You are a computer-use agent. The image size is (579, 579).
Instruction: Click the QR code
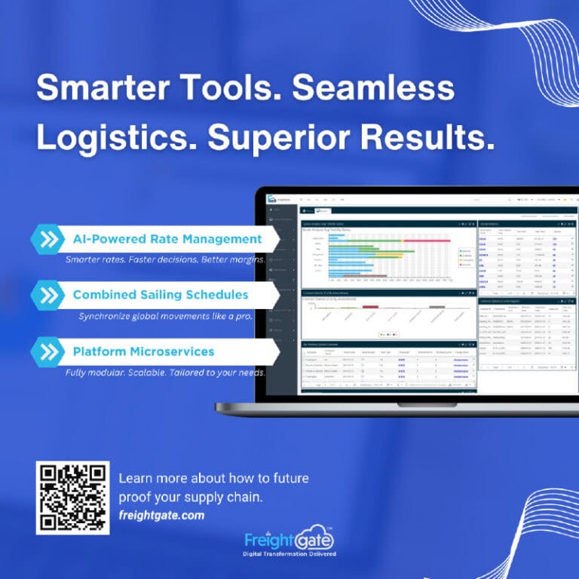72,498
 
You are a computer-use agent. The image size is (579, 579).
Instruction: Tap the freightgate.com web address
161,516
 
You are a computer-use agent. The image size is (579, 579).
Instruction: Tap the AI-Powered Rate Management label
167,239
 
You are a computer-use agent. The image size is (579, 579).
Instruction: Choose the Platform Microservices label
143,351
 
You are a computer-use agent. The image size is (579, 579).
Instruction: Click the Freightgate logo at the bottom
289,539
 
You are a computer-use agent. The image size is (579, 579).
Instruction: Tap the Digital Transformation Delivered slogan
289,555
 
